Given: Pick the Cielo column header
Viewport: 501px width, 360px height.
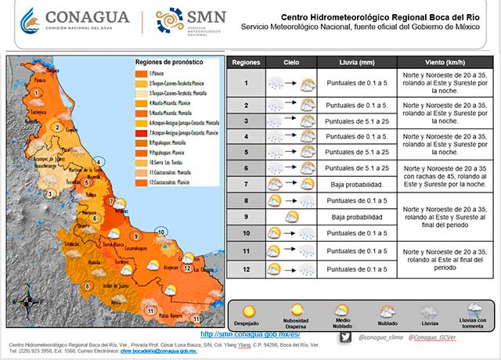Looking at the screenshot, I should click(x=290, y=62).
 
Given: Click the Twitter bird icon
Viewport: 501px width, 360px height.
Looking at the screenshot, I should click(x=346, y=337).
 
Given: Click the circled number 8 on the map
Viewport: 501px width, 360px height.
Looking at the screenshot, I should click(x=86, y=286).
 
